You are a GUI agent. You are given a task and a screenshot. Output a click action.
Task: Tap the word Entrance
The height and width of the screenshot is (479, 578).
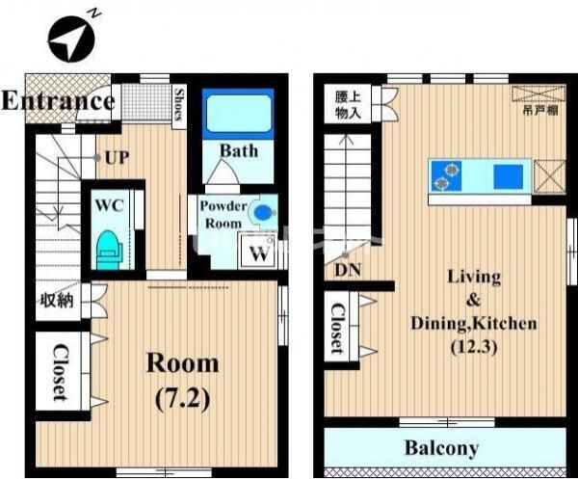tap(58, 100)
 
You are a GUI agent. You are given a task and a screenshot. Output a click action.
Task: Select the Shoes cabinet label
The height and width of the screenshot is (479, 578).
tap(179, 105)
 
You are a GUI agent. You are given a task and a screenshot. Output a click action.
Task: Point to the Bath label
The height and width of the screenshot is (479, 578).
tap(239, 150)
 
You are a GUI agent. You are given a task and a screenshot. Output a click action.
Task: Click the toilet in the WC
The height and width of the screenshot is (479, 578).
tap(109, 250)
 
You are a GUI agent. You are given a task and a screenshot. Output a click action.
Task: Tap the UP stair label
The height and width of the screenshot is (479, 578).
tap(118, 158)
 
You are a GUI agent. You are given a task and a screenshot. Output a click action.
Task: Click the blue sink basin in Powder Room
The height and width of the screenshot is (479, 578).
tap(262, 212)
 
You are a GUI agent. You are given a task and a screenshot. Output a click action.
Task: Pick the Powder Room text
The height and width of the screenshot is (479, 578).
tap(223, 214)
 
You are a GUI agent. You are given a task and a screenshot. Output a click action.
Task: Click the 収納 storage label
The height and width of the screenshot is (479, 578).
tap(57, 301)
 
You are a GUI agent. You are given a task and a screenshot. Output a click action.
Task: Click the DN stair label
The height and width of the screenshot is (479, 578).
tap(348, 270)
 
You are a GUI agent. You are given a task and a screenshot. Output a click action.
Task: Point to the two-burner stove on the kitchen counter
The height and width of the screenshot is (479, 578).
tap(446, 175)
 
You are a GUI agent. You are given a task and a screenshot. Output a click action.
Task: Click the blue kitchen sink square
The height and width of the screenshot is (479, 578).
tap(509, 176)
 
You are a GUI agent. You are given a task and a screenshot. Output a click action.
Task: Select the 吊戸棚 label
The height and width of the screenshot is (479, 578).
tap(540, 110)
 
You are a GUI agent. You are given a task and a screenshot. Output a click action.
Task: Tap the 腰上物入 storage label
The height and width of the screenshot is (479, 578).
tap(348, 105)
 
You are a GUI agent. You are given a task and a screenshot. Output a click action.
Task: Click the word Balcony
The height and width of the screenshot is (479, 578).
tap(441, 448)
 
